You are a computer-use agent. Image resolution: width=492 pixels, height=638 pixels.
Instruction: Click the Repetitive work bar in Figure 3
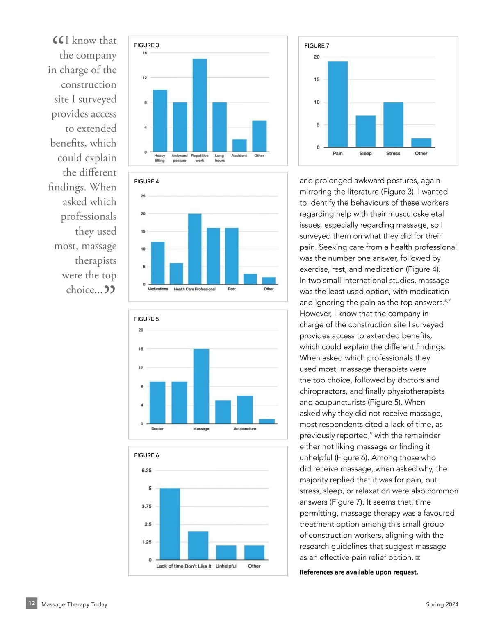click(200, 105)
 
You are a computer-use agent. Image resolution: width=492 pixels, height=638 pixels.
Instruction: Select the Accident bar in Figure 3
click(239, 145)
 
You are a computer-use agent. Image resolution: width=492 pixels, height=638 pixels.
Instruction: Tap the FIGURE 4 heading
click(146, 181)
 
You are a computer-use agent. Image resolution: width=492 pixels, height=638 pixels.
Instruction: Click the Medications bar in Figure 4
click(158, 263)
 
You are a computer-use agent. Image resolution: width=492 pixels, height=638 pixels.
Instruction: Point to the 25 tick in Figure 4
click(143, 196)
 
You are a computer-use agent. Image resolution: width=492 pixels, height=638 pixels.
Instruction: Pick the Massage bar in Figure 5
click(201, 386)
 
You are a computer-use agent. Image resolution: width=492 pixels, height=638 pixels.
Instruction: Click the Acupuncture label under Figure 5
click(245, 429)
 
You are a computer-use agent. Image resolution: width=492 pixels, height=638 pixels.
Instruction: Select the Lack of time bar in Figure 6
click(170, 524)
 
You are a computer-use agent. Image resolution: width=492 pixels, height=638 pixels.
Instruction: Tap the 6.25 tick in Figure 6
click(146, 471)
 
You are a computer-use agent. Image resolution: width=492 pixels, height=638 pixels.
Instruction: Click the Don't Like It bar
click(198, 545)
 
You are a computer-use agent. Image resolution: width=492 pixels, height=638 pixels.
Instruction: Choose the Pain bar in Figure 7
click(337, 104)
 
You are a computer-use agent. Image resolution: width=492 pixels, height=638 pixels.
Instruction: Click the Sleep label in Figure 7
click(365, 154)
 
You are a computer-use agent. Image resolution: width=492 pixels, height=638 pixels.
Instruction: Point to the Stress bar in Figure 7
click(393, 124)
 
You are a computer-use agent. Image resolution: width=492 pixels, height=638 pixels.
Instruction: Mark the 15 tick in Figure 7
click(317, 79)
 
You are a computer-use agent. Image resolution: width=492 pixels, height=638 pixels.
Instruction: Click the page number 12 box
click(32, 603)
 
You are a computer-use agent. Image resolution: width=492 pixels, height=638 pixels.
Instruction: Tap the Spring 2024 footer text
click(442, 604)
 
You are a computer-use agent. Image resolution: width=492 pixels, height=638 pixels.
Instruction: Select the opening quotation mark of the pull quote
click(58, 40)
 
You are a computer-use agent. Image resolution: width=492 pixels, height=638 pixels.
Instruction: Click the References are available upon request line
click(359, 572)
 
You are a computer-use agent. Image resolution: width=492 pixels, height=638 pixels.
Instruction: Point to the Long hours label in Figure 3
click(220, 158)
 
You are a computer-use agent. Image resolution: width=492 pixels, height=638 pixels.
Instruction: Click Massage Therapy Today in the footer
click(74, 604)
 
